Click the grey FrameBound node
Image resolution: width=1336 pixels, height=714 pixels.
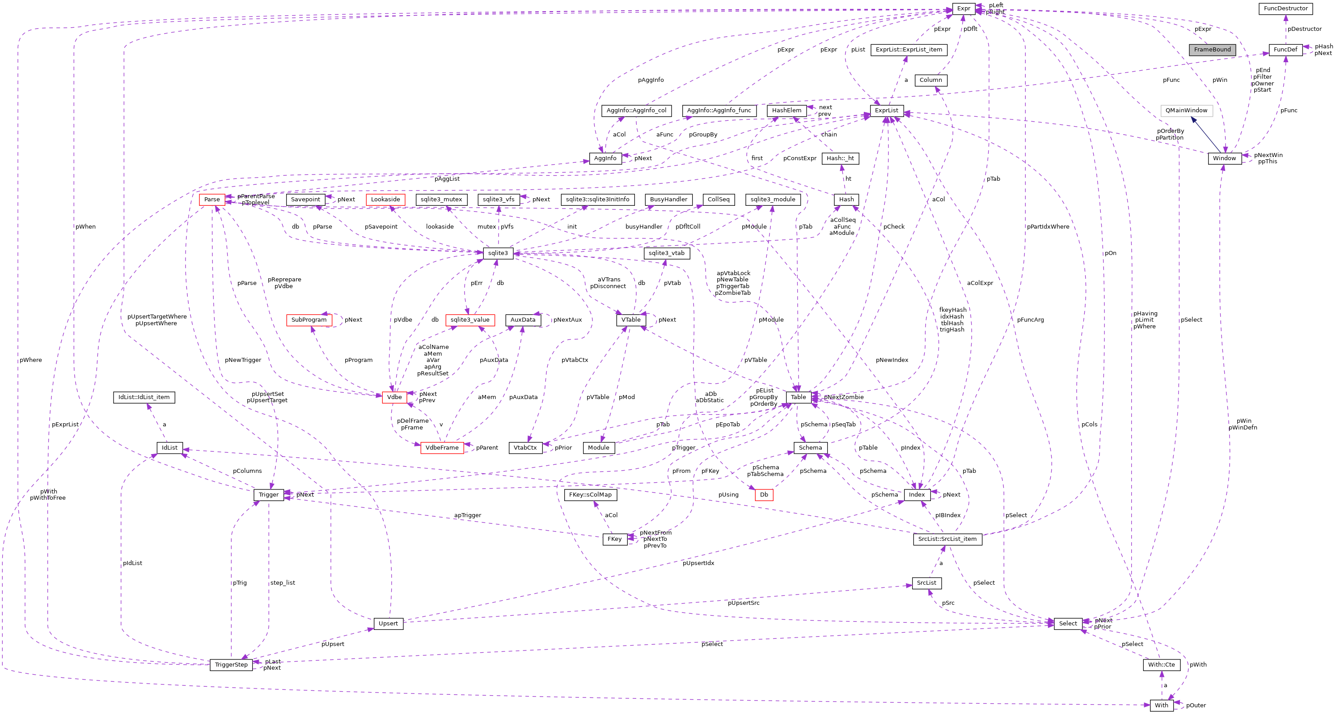click(1212, 50)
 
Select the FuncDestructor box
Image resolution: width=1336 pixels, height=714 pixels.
click(1285, 8)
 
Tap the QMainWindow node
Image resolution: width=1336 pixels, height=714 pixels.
click(1186, 110)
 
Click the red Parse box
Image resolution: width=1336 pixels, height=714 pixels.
click(211, 199)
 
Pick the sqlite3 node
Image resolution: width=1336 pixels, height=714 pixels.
click(498, 253)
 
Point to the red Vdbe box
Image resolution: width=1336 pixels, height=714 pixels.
click(394, 397)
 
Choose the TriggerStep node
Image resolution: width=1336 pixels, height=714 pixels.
click(231, 665)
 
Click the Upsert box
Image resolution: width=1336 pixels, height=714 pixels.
click(388, 623)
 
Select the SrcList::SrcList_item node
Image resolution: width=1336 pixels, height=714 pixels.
click(947, 539)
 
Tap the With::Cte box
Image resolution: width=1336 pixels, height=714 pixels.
click(1161, 665)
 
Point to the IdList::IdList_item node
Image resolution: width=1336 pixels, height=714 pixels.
click(144, 397)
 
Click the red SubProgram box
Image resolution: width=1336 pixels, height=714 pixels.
click(309, 319)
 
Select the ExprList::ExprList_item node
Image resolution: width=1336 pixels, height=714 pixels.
click(909, 50)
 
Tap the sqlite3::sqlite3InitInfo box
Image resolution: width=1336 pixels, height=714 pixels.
click(597, 199)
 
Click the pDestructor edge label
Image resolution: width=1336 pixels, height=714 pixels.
click(1304, 29)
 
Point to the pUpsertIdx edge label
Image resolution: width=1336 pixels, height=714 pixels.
click(698, 563)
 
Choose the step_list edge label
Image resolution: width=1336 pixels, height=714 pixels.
click(283, 583)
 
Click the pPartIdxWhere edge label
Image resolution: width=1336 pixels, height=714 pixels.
click(1048, 227)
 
